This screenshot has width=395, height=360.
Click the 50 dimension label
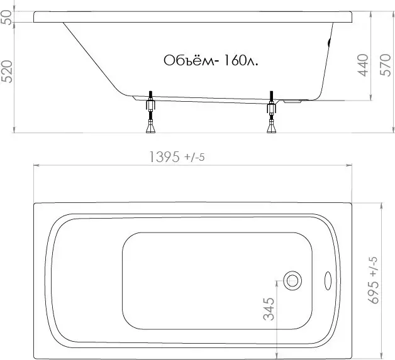coord(8,18)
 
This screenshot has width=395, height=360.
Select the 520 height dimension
coord(8,72)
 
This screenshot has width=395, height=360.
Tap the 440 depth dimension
coord(363,65)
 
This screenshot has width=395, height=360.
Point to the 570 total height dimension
coord(385,65)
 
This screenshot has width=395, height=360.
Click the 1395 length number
coord(165,157)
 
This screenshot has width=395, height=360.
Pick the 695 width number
coord(374,292)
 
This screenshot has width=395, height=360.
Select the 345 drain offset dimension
coord(269,309)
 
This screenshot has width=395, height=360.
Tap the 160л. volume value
coord(240,60)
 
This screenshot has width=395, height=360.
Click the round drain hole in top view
coord(292,281)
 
